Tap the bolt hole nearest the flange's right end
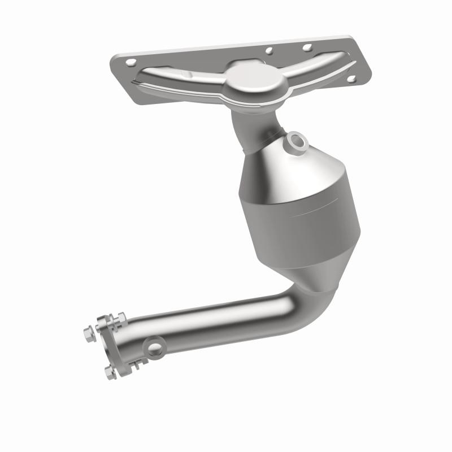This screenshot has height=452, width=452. click(x=350, y=80)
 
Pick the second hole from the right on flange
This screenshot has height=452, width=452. click(x=307, y=48)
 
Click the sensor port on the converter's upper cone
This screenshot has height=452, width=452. click(x=297, y=141)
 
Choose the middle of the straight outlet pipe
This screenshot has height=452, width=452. click(x=215, y=327)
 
